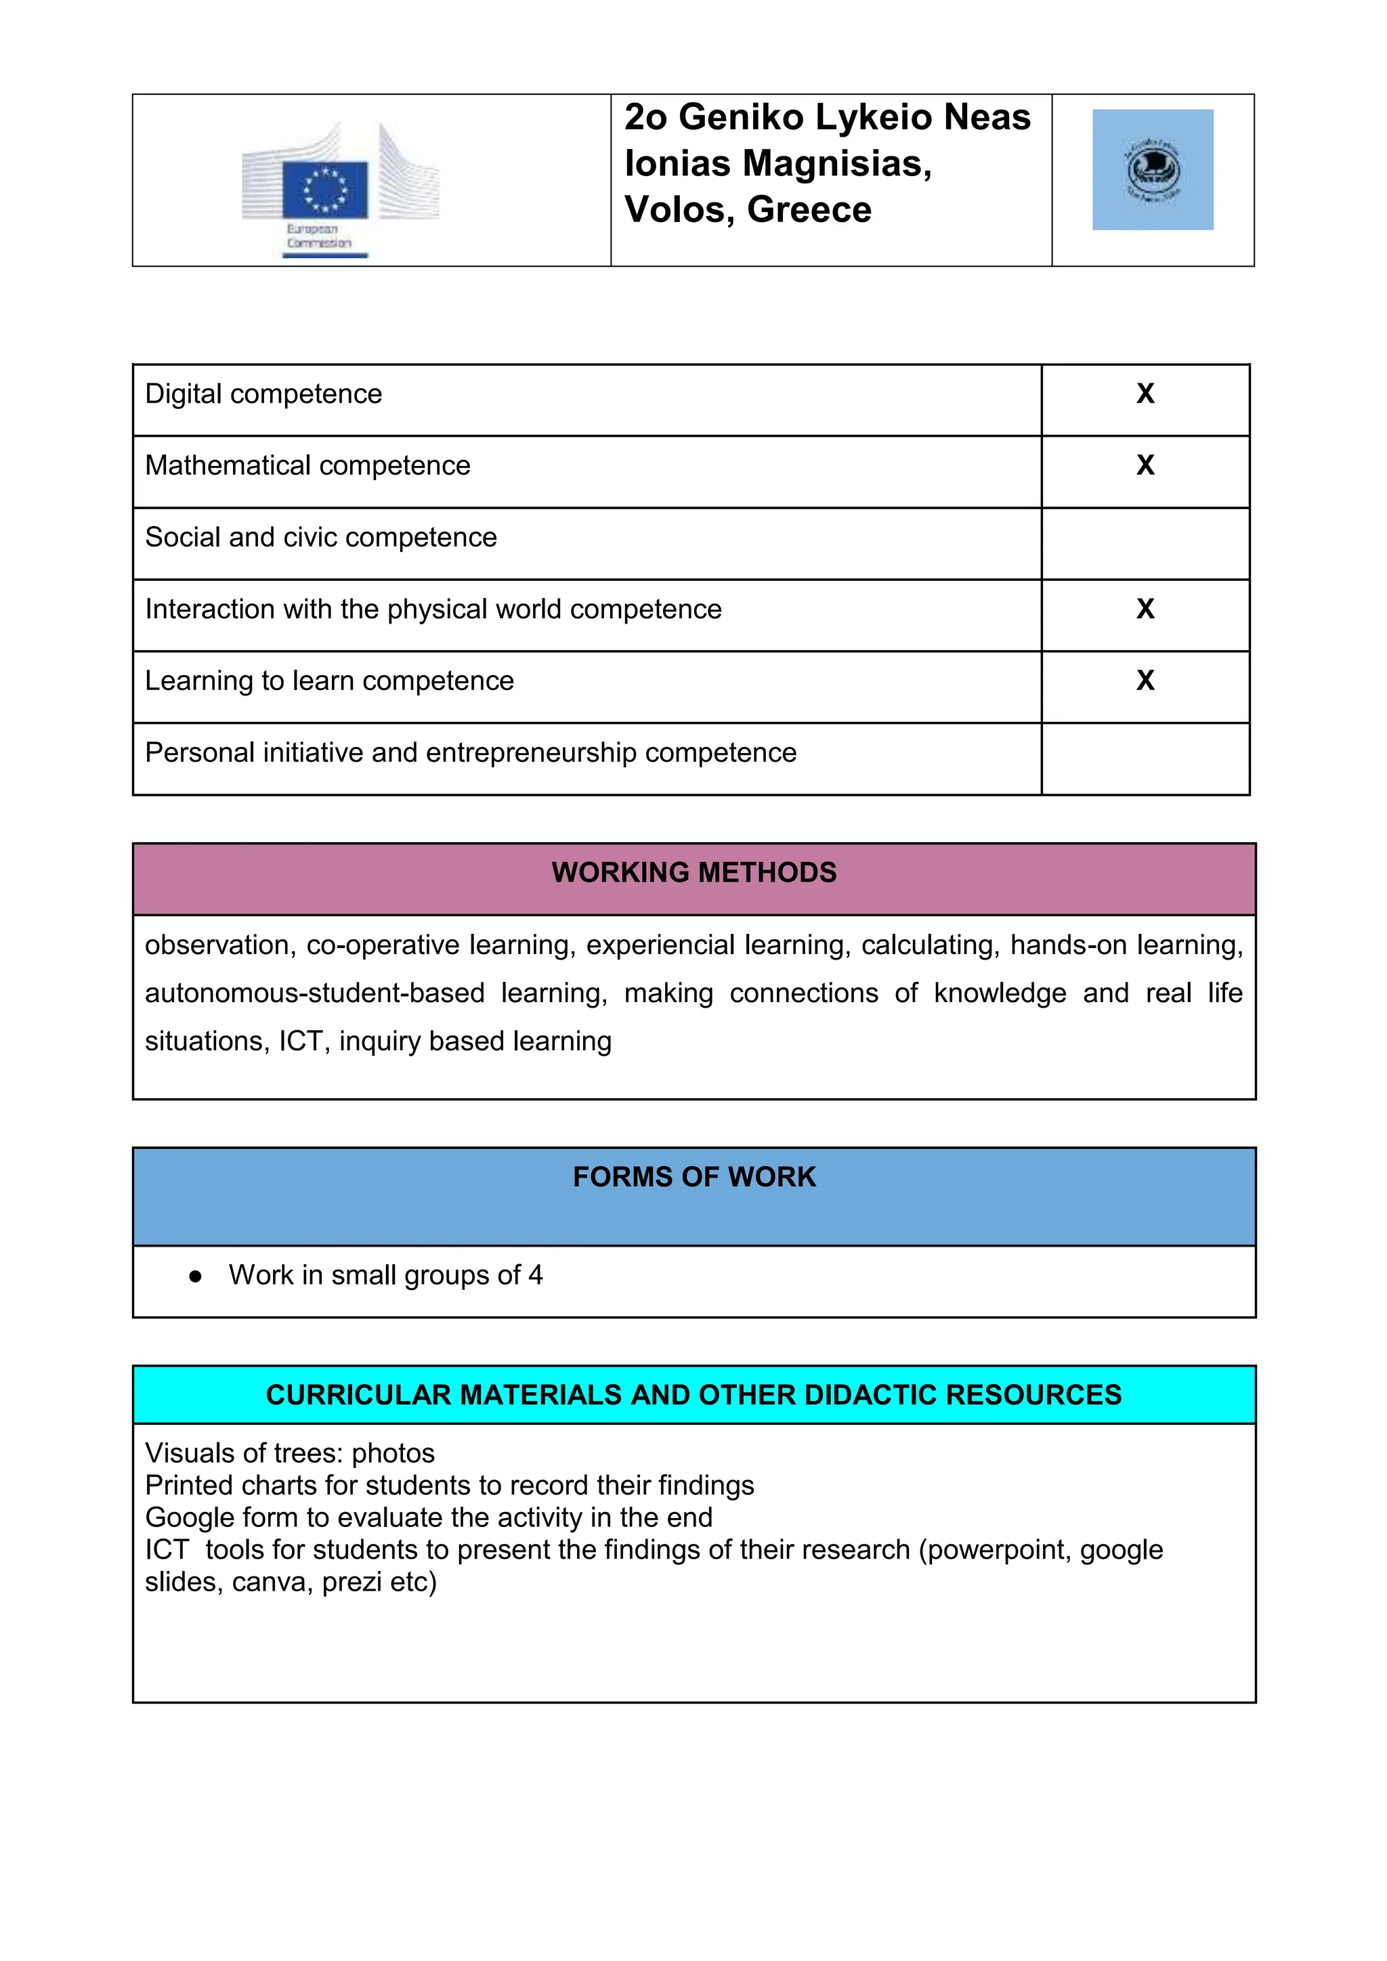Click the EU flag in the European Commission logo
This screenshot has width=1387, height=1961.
tap(324, 190)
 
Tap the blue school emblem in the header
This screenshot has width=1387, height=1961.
tap(1152, 169)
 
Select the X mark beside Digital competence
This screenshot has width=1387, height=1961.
tap(1145, 393)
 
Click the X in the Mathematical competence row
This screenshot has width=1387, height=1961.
tap(1145, 465)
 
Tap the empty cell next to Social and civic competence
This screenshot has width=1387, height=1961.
tap(1145, 544)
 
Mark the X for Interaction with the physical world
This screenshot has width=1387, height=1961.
tap(1145, 609)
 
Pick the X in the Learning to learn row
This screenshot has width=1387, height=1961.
tap(1145, 681)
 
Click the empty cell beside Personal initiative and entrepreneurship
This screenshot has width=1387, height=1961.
tap(1145, 759)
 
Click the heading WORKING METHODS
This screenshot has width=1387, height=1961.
tap(693, 873)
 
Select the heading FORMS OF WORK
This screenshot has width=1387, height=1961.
tap(693, 1177)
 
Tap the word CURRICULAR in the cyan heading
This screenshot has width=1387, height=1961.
tap(357, 1395)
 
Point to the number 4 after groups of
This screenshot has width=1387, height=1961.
tap(536, 1275)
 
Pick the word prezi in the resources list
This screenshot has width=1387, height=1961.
tap(351, 1582)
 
